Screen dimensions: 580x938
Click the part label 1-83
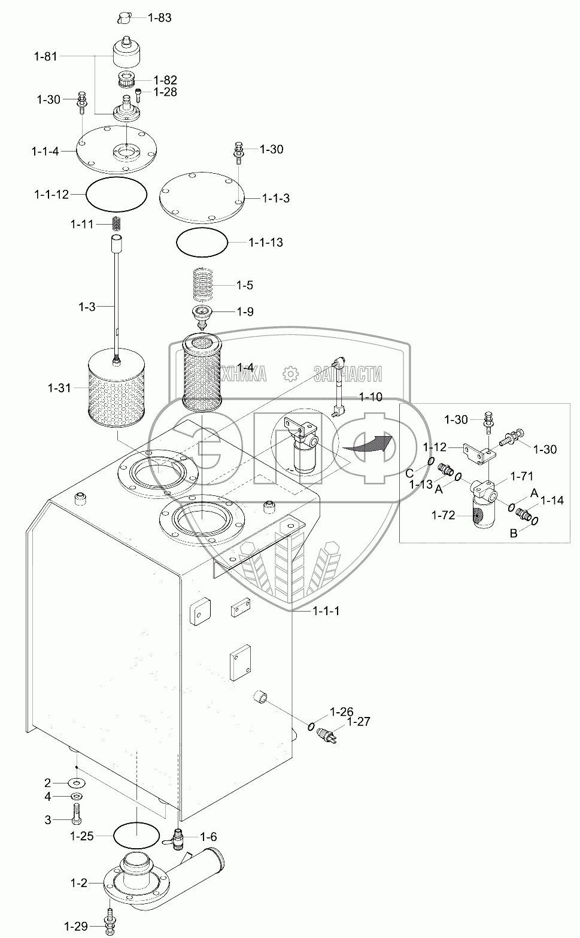(x=159, y=17)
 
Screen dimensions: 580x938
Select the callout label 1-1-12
(x=51, y=194)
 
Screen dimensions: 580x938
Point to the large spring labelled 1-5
(x=207, y=284)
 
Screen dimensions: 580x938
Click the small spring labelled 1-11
(x=117, y=223)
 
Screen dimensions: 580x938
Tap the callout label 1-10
(x=371, y=397)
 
